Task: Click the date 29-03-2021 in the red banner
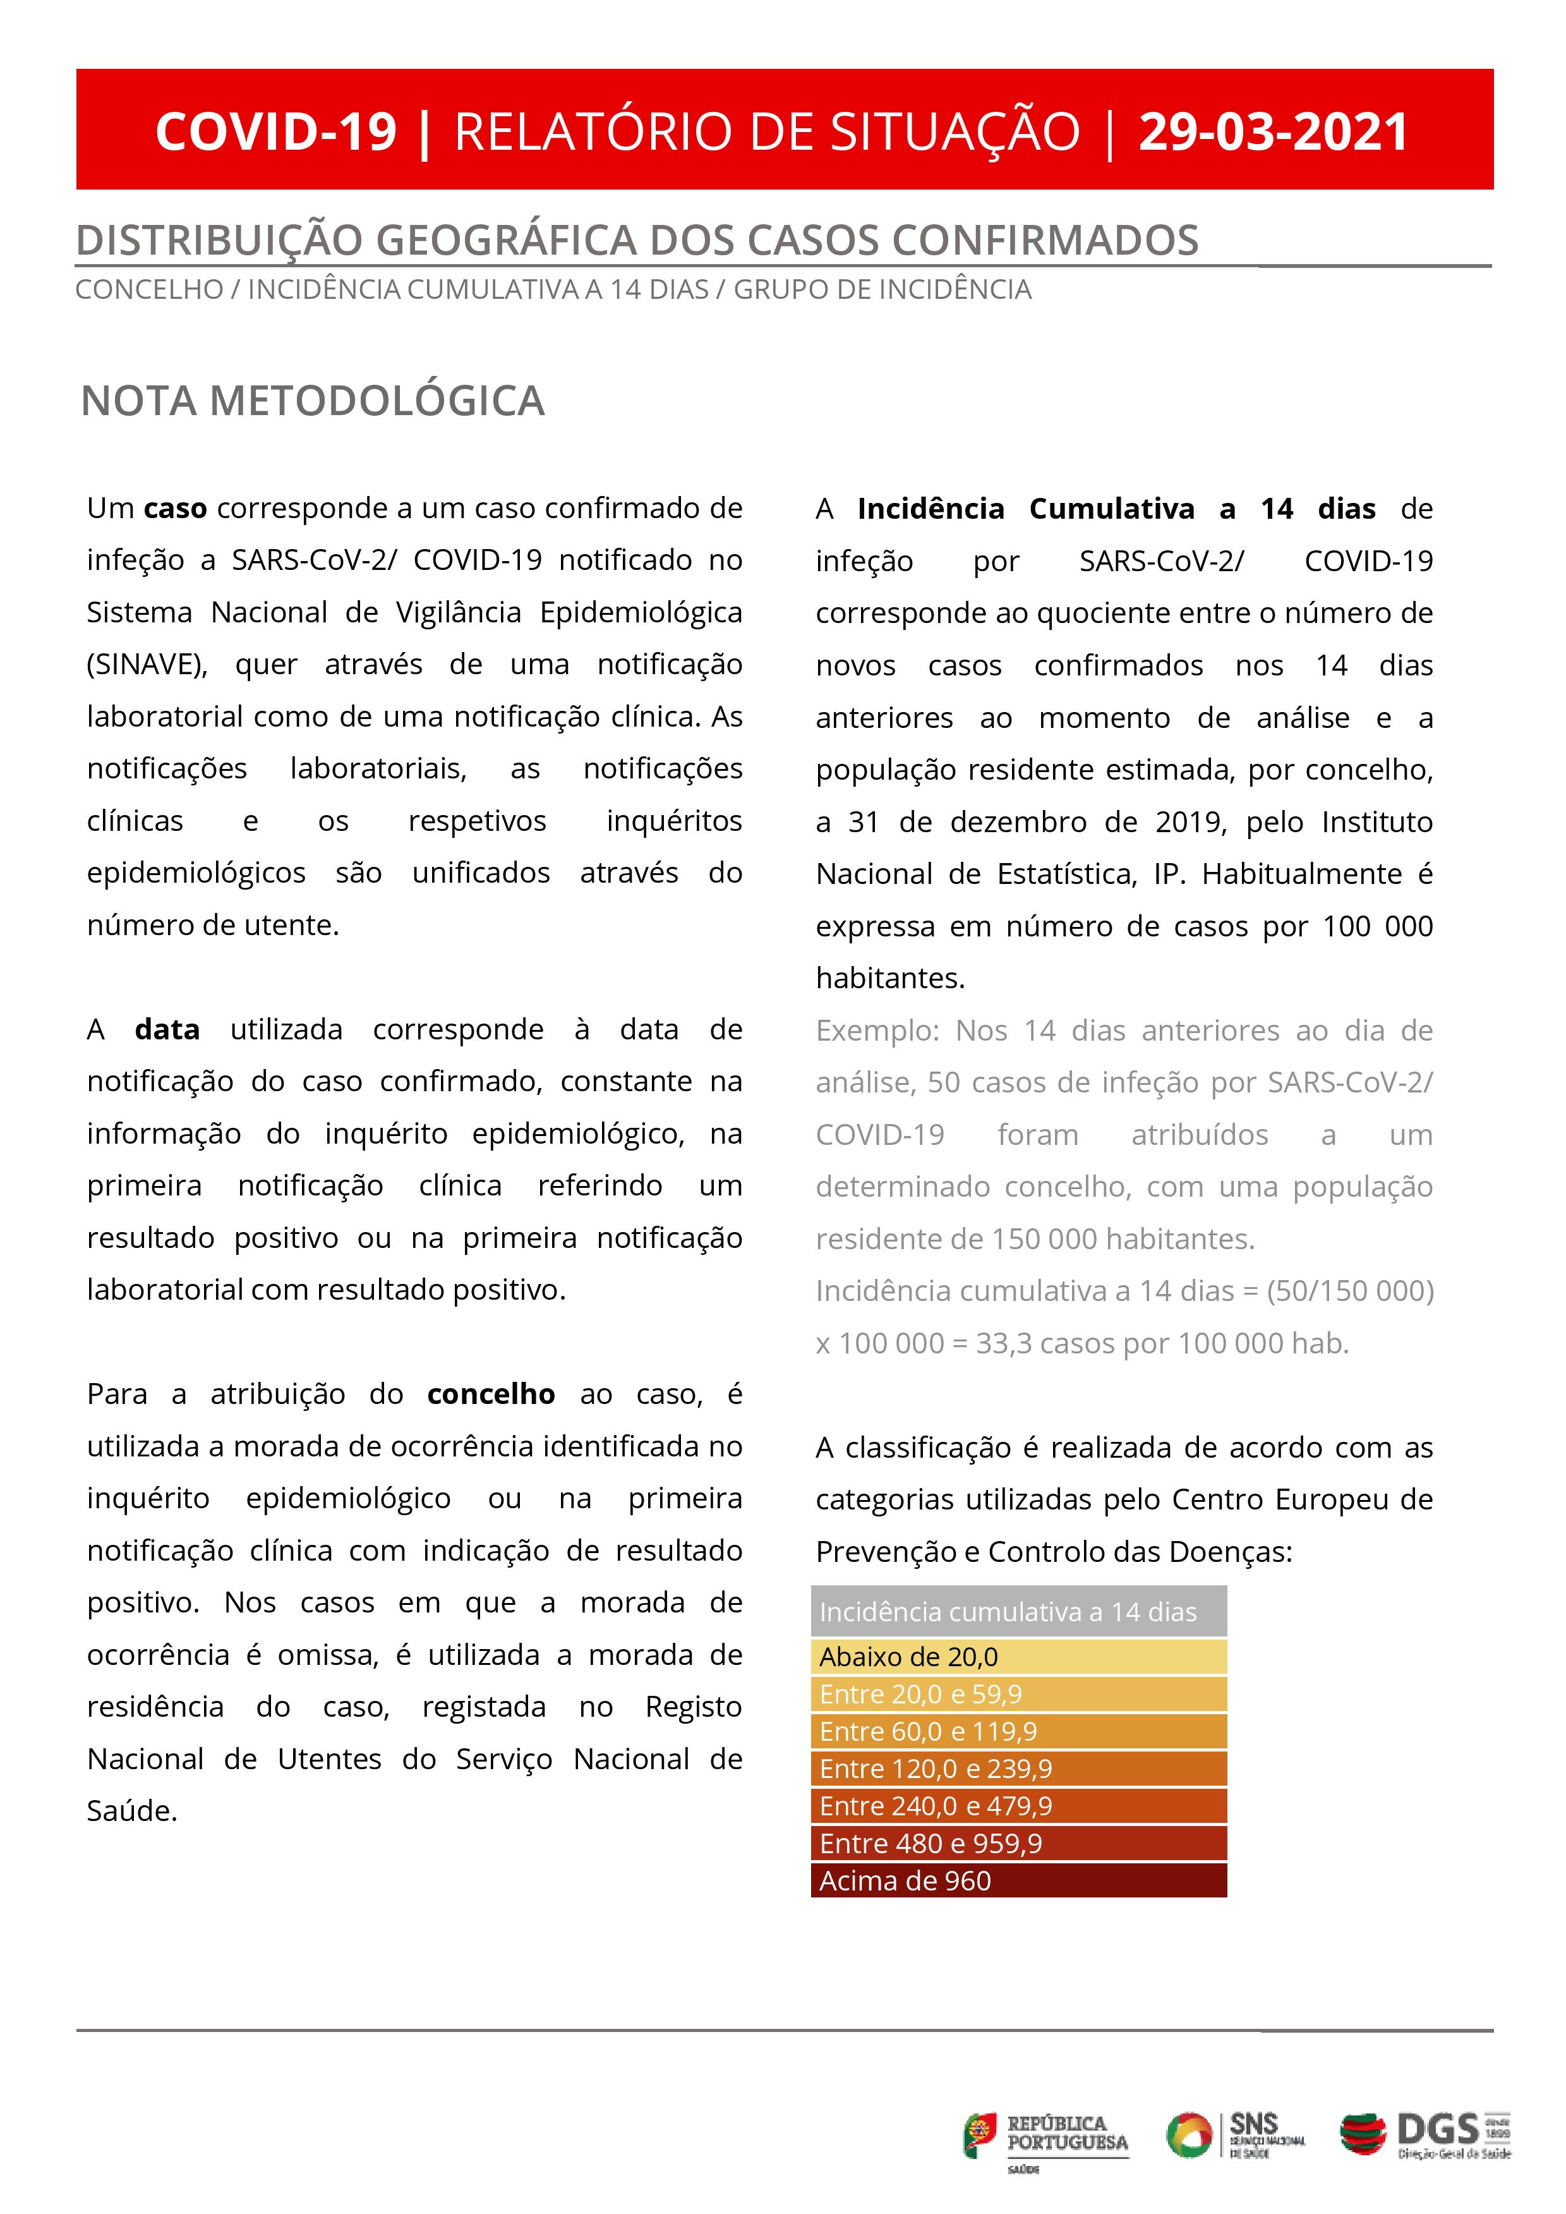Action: click(x=1273, y=132)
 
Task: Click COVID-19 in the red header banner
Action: click(x=276, y=132)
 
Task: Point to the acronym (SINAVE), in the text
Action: click(x=147, y=665)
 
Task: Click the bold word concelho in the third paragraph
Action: click(x=491, y=1394)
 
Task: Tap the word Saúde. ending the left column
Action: click(x=132, y=1811)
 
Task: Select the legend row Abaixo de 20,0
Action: click(x=1018, y=1657)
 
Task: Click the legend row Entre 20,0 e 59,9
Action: click(x=1018, y=1694)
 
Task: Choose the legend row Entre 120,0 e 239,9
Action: click(x=1018, y=1769)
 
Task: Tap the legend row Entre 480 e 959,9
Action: click(x=1018, y=1844)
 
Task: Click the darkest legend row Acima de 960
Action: click(x=1018, y=1880)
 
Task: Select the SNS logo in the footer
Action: click(x=1235, y=2135)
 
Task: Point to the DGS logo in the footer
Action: click(x=1425, y=2135)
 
